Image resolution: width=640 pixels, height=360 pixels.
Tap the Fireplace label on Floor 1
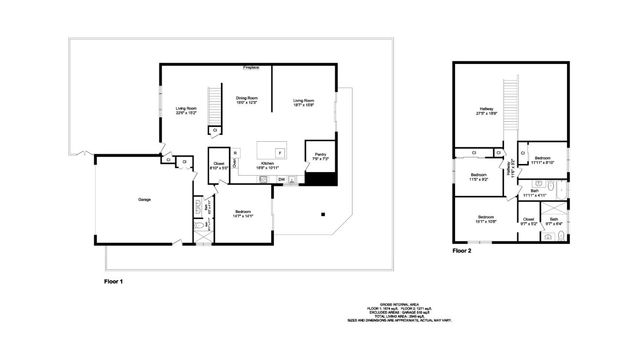click(x=252, y=68)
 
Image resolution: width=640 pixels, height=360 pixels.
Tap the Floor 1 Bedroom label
click(x=243, y=213)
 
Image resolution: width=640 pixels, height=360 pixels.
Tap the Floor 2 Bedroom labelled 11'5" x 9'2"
click(x=478, y=177)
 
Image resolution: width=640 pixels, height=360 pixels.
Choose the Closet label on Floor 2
click(x=528, y=221)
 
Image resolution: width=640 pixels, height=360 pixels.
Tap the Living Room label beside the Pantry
click(x=305, y=102)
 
